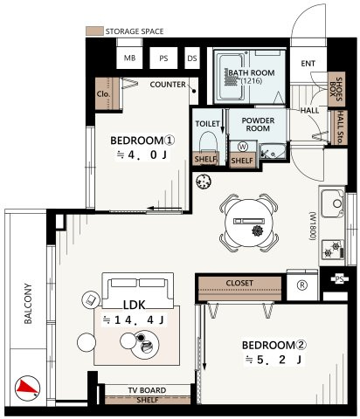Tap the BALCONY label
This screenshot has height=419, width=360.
tap(28, 304)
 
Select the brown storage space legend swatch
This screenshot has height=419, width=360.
tap(94, 31)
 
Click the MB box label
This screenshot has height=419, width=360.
tap(129, 58)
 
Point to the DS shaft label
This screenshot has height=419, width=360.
tap(192, 58)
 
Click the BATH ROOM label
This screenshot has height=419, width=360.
tap(252, 72)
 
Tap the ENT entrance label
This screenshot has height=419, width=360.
tap(308, 63)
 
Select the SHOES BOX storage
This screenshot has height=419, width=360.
tap(336, 89)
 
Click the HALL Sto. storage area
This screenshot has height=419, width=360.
tap(339, 127)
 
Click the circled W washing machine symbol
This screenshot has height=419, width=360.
tap(243, 147)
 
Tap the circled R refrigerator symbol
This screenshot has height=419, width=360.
tap(302, 285)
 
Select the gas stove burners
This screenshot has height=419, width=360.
tap(333, 249)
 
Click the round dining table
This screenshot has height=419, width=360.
tap(249, 223)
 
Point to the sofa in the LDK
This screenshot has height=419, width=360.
tap(137, 291)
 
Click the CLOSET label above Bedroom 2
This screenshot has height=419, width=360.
tap(239, 283)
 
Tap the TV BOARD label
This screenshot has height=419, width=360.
tap(147, 390)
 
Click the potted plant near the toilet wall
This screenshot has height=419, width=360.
tap(204, 182)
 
